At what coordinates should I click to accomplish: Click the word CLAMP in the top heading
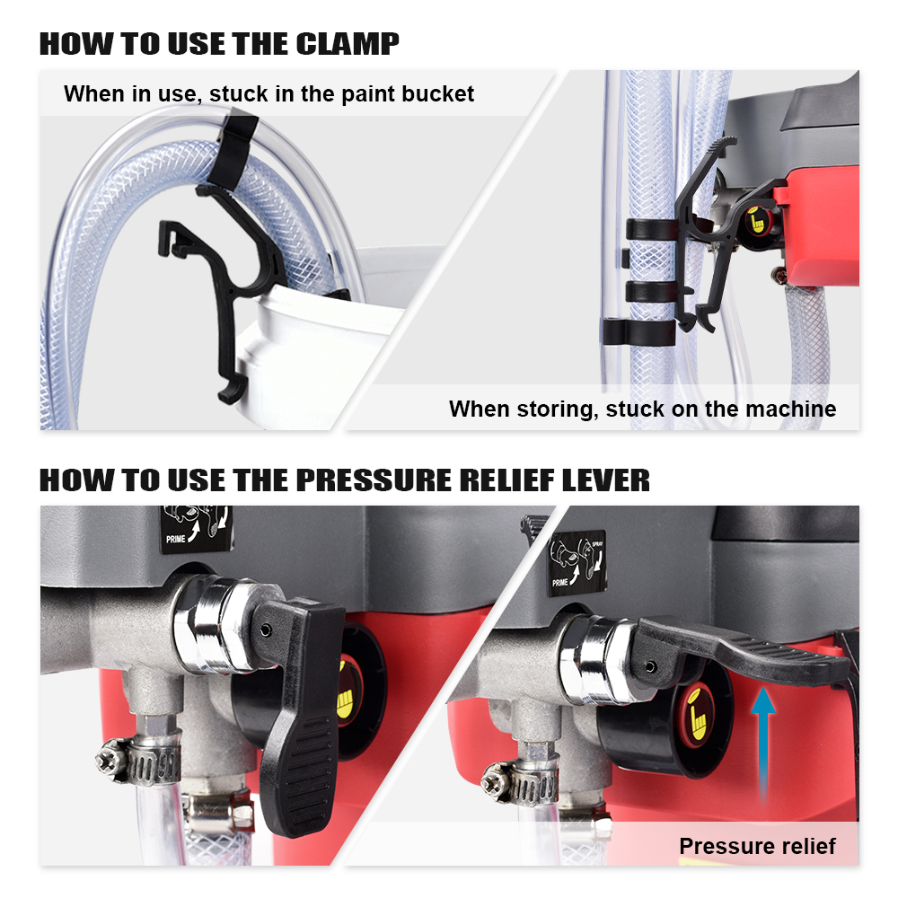click(x=347, y=45)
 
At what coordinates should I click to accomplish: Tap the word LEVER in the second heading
click(x=606, y=480)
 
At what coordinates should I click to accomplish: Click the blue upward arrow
click(x=762, y=744)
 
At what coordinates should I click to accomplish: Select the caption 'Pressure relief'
click(x=757, y=846)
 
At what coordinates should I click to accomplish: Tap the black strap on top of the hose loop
click(x=235, y=150)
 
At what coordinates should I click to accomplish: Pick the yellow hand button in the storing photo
click(x=757, y=222)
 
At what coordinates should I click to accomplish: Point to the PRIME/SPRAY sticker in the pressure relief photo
click(x=577, y=563)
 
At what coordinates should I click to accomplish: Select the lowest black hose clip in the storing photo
click(x=639, y=332)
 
